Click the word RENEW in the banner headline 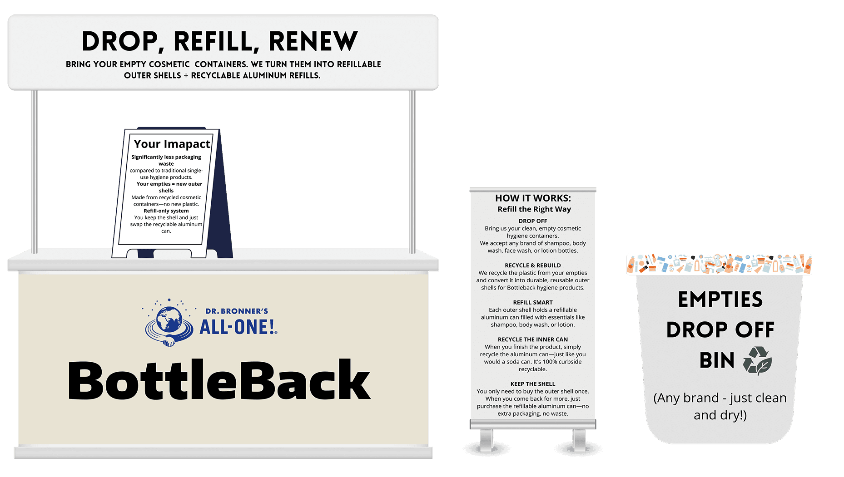(x=313, y=41)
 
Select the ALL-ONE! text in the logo (x=238, y=327)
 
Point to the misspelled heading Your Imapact (x=172, y=144)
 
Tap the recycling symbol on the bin (x=757, y=361)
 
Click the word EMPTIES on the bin (x=720, y=300)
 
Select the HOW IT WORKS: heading (x=533, y=198)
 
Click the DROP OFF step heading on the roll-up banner (x=533, y=221)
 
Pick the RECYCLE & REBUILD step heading (x=533, y=266)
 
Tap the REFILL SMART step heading (x=533, y=302)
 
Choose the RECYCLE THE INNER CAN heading (x=533, y=339)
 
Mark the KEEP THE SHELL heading (x=533, y=384)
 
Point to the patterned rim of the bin (x=719, y=264)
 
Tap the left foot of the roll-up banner (x=487, y=440)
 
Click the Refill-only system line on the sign (x=166, y=211)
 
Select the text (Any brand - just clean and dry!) (x=720, y=406)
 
